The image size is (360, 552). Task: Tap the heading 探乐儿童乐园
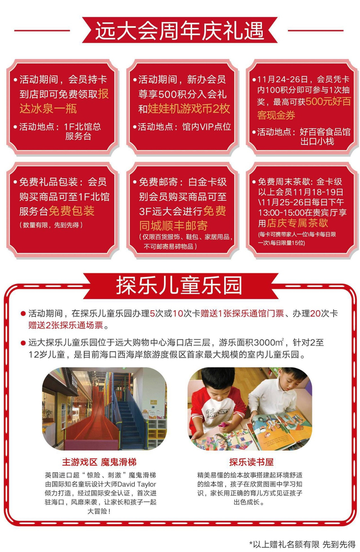tap(179, 284)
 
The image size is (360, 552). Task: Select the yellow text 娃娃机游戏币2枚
tap(189, 109)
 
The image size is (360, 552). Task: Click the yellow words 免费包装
tap(71, 211)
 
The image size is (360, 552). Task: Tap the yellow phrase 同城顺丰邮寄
tap(173, 225)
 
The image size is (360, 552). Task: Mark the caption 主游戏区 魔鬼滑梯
tap(99, 462)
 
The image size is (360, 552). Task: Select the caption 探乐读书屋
tap(251, 462)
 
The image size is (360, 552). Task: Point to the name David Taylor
tap(136, 484)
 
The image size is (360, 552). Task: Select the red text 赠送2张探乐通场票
tap(66, 325)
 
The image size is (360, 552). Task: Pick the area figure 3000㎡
tap(269, 342)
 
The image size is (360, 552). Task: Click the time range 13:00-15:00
tap(281, 212)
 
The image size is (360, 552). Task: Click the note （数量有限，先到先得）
tap(51, 225)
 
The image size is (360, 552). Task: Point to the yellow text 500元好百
tap(328, 102)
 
